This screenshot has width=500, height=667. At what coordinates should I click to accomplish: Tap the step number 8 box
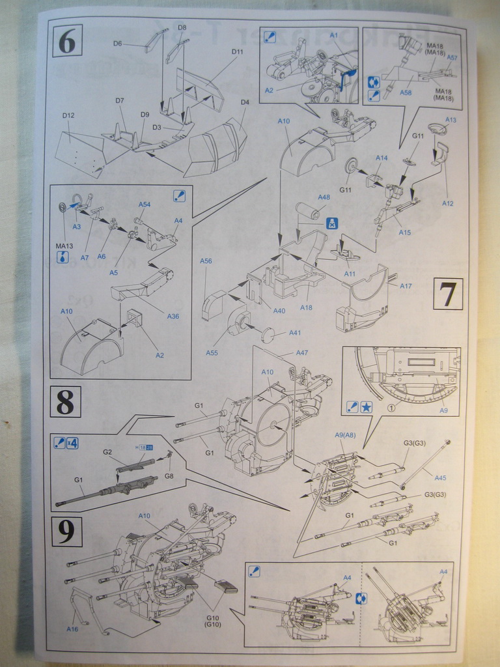[65, 401]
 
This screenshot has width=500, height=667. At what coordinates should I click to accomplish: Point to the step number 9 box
[66, 532]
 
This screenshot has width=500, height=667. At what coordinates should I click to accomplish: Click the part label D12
[68, 115]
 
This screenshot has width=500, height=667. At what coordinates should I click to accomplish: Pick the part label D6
[117, 44]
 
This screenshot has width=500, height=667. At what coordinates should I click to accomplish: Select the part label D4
[245, 102]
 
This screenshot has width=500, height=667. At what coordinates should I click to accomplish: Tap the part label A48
[324, 197]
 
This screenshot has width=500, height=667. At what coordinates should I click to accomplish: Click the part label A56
[206, 261]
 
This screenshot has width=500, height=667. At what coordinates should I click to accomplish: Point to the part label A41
[295, 333]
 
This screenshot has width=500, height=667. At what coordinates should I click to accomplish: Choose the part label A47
[301, 352]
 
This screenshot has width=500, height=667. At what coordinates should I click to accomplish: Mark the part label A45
[440, 477]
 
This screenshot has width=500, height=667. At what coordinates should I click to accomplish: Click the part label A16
[72, 629]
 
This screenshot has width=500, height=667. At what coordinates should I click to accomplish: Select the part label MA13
[64, 246]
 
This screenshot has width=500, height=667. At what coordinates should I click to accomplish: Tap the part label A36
[173, 316]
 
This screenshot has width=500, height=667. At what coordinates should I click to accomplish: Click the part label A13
[451, 120]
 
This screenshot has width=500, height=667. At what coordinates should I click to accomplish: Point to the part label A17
[406, 286]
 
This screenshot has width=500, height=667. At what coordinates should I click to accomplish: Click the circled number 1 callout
[391, 408]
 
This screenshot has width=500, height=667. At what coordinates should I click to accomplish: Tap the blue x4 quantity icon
[72, 443]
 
